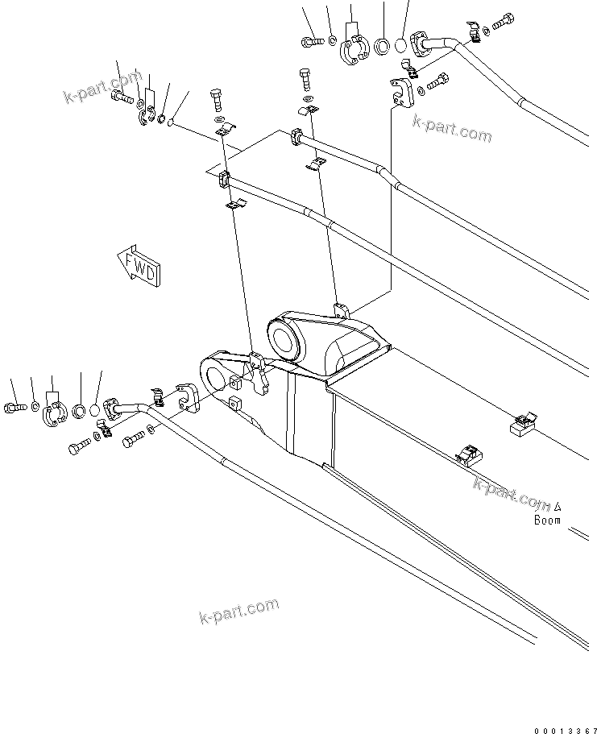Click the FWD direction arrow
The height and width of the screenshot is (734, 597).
click(x=139, y=265)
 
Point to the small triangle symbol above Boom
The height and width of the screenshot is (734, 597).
click(x=557, y=507)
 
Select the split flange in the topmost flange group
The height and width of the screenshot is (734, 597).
click(x=354, y=49)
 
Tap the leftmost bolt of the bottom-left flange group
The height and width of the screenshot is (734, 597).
click(x=15, y=406)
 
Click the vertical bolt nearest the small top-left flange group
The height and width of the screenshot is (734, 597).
click(x=216, y=102)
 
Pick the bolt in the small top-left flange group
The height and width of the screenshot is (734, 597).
click(x=121, y=98)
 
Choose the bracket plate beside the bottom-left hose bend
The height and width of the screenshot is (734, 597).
click(x=189, y=397)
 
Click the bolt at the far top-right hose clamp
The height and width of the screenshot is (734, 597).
click(x=501, y=22)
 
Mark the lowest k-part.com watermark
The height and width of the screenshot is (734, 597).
click(x=238, y=612)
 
